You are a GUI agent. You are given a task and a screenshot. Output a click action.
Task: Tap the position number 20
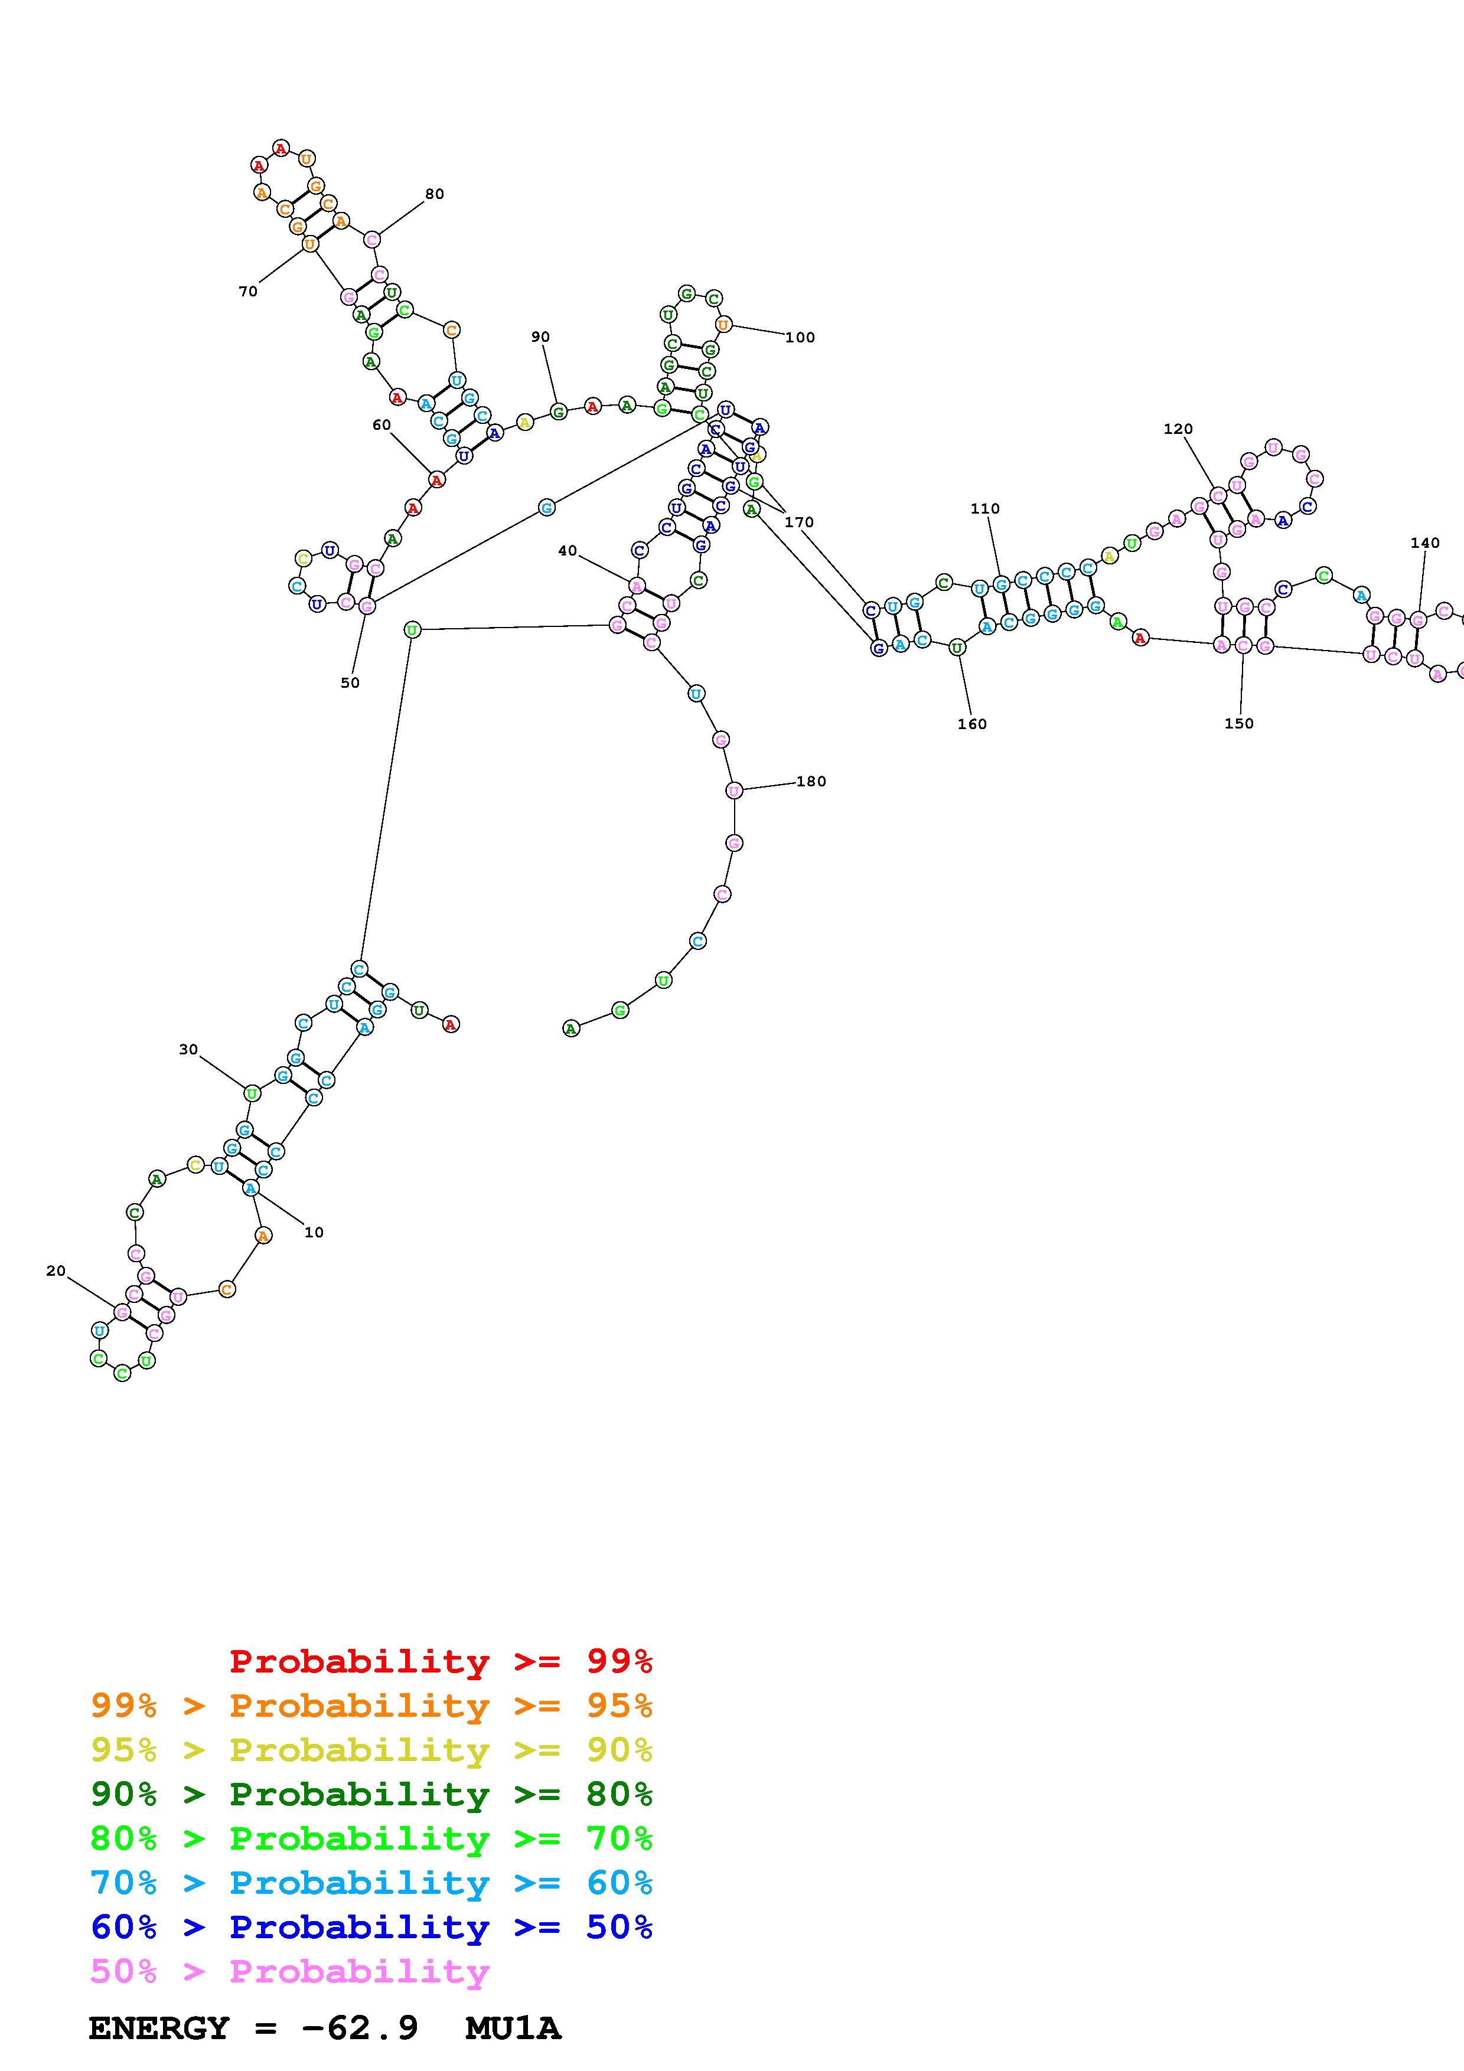tap(56, 1271)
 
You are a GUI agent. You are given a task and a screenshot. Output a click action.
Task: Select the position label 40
tap(568, 551)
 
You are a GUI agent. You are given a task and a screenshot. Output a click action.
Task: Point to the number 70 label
tap(248, 292)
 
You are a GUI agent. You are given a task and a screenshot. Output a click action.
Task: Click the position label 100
tap(800, 337)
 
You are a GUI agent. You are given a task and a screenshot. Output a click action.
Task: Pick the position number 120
tap(1178, 429)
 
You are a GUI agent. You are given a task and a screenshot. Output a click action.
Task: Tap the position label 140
tap(1425, 543)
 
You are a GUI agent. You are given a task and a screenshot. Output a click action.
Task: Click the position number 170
tap(799, 522)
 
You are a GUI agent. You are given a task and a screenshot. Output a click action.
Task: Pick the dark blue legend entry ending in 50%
tap(371, 1927)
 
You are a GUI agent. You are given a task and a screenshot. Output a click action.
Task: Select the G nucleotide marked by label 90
tap(558, 412)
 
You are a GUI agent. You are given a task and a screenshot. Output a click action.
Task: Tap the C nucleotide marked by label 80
tap(371, 239)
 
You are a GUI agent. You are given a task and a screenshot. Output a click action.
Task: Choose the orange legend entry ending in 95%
tap(371, 1706)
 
